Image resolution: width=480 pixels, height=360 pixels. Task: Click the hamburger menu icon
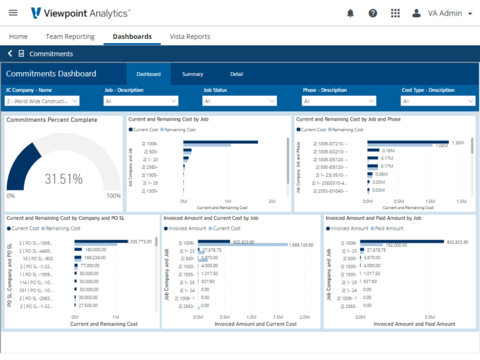click(x=13, y=13)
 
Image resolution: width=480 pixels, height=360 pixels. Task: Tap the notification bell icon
click(x=350, y=13)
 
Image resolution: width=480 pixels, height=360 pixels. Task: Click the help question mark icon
click(x=372, y=13)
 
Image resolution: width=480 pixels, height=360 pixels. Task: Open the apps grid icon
click(x=395, y=13)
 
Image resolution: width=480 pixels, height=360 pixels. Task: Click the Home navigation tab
click(x=19, y=36)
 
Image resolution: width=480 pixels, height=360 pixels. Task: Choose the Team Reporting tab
click(x=70, y=36)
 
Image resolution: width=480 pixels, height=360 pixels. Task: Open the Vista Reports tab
click(x=190, y=36)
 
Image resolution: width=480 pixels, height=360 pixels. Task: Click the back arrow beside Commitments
click(x=10, y=53)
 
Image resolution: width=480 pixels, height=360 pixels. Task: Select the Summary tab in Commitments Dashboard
click(x=192, y=74)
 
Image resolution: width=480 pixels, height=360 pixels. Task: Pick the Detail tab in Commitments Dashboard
click(x=236, y=74)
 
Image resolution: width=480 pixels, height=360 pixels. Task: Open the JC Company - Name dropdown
click(x=42, y=101)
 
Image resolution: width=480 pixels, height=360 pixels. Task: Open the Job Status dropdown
click(x=239, y=101)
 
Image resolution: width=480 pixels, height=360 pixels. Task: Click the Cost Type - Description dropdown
click(x=438, y=101)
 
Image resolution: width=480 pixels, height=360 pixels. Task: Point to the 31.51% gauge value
click(x=64, y=180)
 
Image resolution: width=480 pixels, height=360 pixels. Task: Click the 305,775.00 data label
click(x=142, y=241)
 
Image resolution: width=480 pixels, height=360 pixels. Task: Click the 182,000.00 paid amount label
click(x=396, y=245)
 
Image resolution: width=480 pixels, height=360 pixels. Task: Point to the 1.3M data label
click(x=458, y=142)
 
